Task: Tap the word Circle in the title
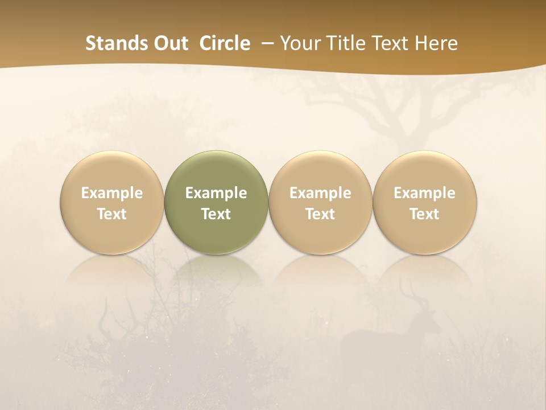tap(224, 43)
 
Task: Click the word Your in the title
tap(299, 43)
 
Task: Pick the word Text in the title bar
tap(387, 43)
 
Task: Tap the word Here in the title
tap(436, 43)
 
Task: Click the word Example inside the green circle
tap(216, 193)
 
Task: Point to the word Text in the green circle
tap(216, 214)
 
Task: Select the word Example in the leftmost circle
tap(112, 193)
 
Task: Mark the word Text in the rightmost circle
tap(425, 214)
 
